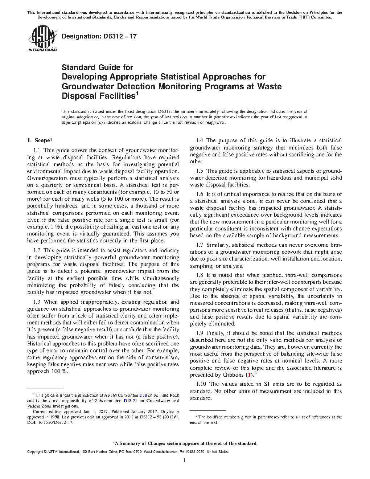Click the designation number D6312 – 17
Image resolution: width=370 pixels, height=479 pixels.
(99, 36)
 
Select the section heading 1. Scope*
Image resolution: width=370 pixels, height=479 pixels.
(40, 140)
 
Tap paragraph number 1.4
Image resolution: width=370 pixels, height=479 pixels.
(200, 141)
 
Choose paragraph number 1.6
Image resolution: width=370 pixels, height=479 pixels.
(200, 194)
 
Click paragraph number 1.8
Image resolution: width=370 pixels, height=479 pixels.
(200, 275)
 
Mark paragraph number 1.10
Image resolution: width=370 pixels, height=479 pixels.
(201, 384)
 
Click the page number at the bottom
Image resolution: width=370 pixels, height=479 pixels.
(185, 460)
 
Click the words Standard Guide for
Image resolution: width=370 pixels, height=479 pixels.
(97, 67)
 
